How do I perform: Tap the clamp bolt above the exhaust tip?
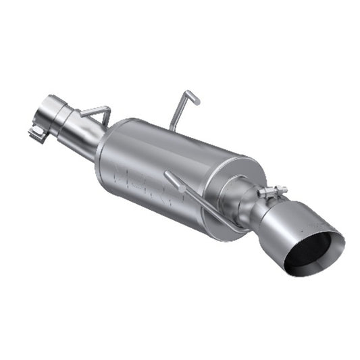tap(272, 192)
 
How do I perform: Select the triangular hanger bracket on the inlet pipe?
tap(95, 116)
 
